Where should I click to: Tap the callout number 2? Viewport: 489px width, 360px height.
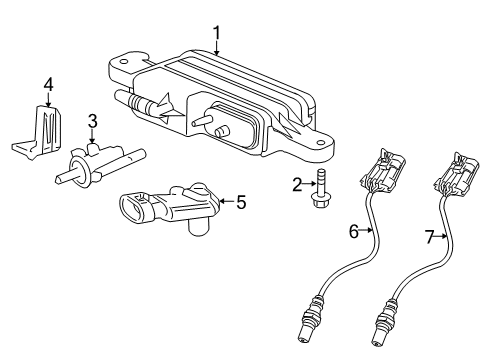tap(297, 183)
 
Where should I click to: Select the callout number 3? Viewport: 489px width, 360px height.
tap(92, 122)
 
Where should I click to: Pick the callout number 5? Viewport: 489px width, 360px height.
tap(241, 201)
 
